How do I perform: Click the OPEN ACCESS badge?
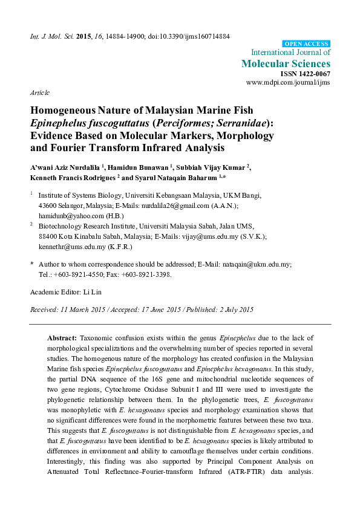pyautogui.click(x=307, y=44)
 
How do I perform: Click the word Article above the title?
pyautogui.click(x=39, y=92)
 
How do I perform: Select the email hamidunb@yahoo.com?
pyautogui.click(x=67, y=215)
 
